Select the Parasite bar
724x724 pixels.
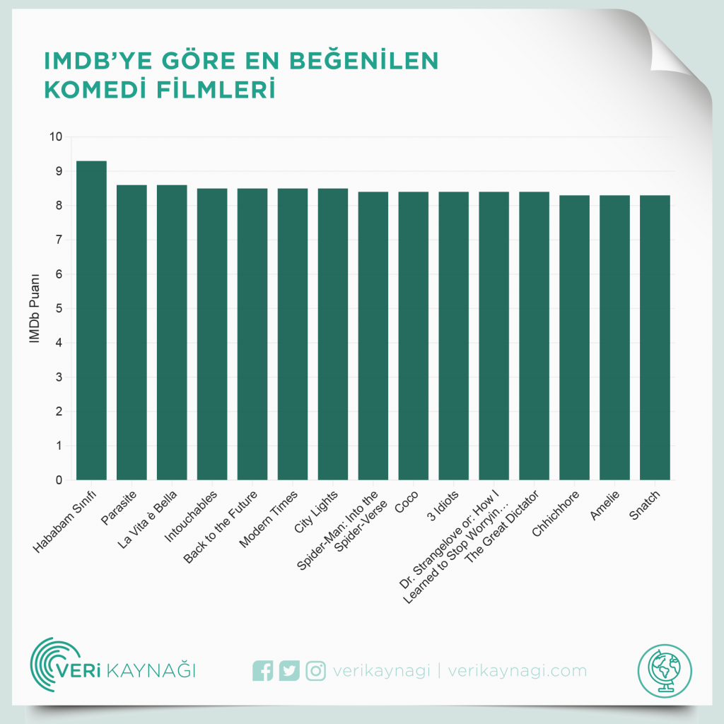coord(132,332)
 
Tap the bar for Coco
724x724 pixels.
coord(414,336)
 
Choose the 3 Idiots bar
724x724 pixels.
coord(454,336)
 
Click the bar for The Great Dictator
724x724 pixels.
coord(534,336)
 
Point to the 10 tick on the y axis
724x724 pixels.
coord(56,137)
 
